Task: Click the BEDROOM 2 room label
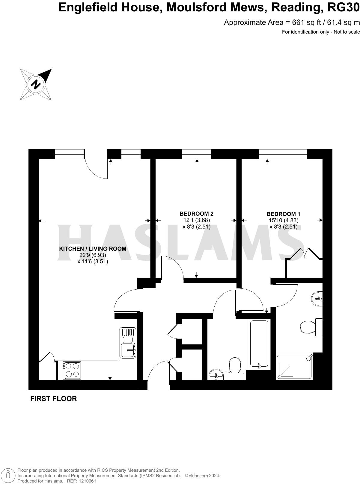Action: [196, 214]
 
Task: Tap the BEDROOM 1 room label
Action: [283, 214]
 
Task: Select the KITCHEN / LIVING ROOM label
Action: [93, 249]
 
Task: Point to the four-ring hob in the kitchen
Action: [72, 370]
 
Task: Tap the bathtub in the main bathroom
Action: [259, 344]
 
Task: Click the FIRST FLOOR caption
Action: [54, 399]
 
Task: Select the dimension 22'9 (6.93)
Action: [93, 255]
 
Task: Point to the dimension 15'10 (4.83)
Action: [283, 220]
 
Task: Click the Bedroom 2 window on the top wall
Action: [197, 154]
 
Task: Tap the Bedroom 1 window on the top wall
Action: [283, 154]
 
